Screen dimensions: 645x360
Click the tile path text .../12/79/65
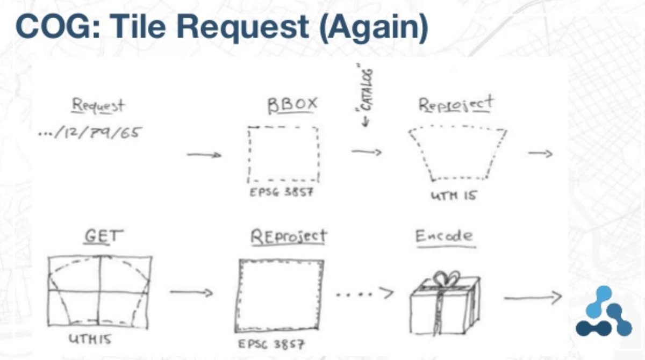tap(89, 132)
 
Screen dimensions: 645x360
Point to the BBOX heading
tap(292, 104)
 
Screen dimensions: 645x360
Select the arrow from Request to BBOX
tap(204, 155)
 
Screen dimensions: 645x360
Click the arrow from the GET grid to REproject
tap(191, 293)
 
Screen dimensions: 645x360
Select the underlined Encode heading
tap(445, 236)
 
